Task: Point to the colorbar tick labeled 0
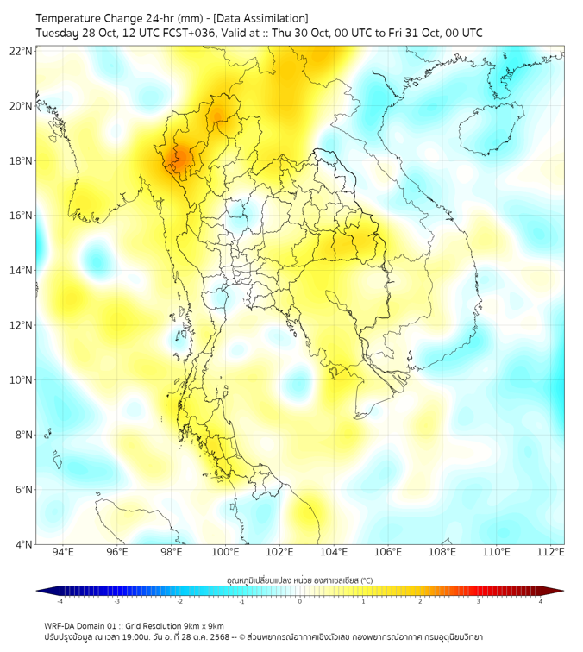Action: [300, 601]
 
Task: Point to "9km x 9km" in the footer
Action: [203, 625]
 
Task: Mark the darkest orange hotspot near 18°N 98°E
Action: [180, 157]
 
